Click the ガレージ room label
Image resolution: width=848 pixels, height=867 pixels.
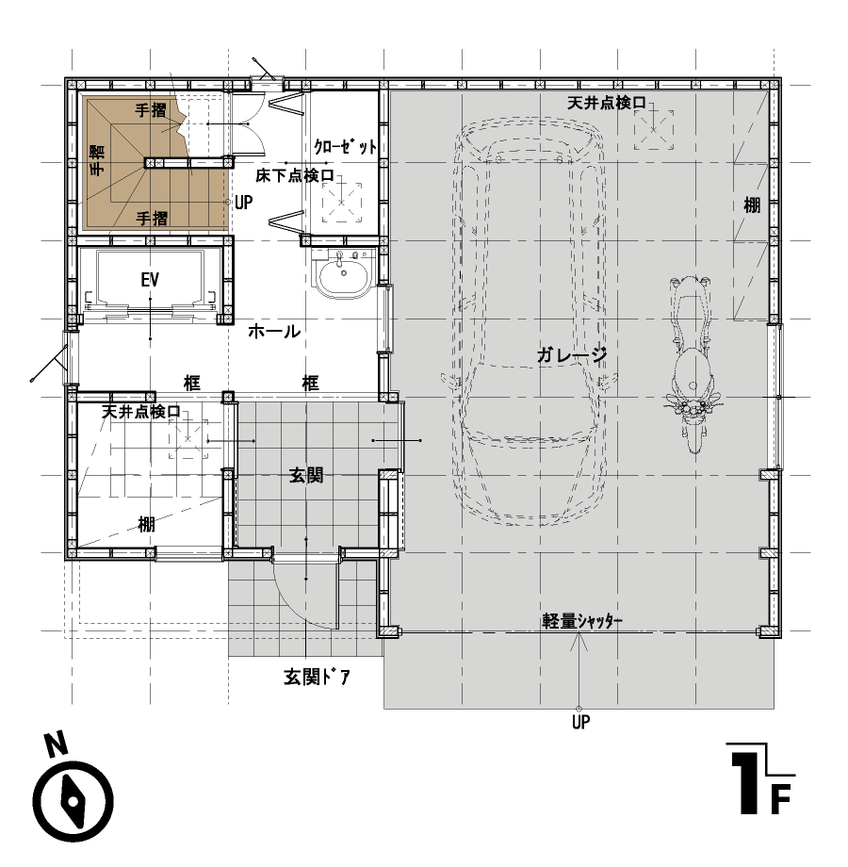coord(571,354)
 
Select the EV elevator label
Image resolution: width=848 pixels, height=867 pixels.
coord(150,280)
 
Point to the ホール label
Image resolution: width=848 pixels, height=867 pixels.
coord(274,332)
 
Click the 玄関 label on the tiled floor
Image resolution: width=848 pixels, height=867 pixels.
coord(306,475)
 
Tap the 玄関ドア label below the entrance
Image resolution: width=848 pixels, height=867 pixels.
coord(317,677)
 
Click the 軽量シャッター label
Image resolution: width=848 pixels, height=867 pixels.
coord(582,621)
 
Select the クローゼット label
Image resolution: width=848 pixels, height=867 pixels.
coord(345,146)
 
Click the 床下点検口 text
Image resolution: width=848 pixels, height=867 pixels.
coord(295,176)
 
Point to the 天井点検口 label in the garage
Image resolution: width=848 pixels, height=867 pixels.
coord(607,103)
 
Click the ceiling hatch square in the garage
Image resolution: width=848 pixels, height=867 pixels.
coord(653,129)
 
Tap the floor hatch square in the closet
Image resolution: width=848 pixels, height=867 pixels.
coord(342,203)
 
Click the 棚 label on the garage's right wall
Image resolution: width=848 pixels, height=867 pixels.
coord(752,205)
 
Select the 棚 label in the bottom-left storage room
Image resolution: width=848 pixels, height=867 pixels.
coord(146,524)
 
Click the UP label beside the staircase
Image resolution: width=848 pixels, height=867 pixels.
coord(244,203)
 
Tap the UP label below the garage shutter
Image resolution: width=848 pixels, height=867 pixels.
coord(580,722)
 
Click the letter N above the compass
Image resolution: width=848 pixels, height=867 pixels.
coord(57,744)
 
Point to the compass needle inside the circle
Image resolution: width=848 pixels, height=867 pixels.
coord(73,801)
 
